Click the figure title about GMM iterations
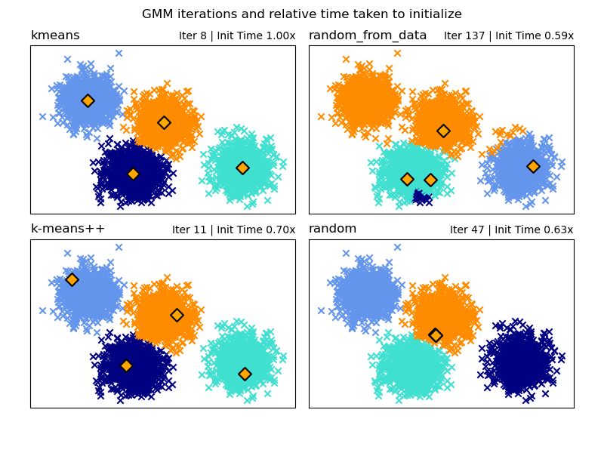[302, 14]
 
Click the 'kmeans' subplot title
[55, 35]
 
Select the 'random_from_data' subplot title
[368, 35]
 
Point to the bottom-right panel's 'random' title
[333, 229]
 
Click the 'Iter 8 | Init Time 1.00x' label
[237, 36]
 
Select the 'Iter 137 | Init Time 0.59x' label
[508, 36]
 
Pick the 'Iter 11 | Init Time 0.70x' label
[233, 230]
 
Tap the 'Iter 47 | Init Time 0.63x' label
[511, 230]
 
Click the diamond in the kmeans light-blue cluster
[88, 100]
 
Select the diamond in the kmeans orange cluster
[164, 122]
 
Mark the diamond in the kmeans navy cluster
[133, 174]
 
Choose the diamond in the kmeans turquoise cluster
[242, 168]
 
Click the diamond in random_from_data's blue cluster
[533, 166]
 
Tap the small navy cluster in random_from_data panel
[421, 198]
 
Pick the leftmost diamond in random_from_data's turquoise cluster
[407, 179]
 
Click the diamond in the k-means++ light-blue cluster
[72, 279]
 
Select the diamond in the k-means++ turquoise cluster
[245, 374]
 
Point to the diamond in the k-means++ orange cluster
[177, 315]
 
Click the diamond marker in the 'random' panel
[436, 335]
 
